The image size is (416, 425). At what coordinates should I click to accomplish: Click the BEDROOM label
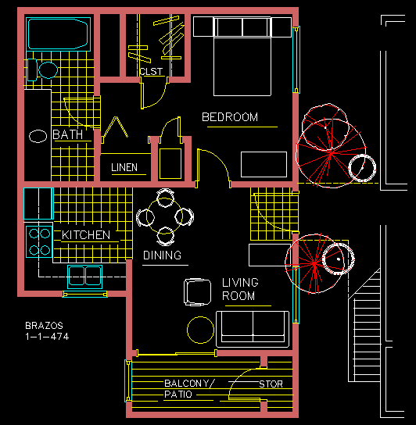point(230,117)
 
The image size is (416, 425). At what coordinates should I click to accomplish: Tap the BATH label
point(67,134)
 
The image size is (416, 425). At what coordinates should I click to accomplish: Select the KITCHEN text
point(86,234)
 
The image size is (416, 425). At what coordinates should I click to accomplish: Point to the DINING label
point(162,255)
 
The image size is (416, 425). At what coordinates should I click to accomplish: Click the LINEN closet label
point(124,167)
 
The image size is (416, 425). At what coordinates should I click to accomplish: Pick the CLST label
point(151,72)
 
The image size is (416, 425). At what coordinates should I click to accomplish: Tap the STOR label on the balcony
point(271,384)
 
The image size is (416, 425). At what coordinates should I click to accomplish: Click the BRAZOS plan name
point(44,325)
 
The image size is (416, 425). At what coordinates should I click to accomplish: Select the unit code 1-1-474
point(47,337)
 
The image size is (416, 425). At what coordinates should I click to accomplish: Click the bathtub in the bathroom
point(58,34)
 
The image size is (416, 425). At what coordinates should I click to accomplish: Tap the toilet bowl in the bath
point(48,70)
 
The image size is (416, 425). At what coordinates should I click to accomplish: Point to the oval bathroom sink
point(38,136)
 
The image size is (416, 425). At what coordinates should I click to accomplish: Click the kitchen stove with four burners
point(39,241)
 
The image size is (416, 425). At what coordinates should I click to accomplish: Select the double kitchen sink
point(85,277)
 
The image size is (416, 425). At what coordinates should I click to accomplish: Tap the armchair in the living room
point(197,292)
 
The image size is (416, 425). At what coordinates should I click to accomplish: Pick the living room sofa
point(253,329)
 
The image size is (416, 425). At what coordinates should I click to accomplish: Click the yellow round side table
point(200,330)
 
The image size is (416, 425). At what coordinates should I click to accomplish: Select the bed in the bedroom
point(242,56)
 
